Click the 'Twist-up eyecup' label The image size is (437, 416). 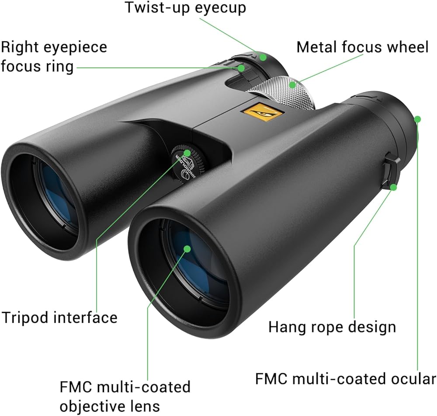point(185,7)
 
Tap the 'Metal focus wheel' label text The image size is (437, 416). point(362,47)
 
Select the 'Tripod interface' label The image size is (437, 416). point(60,317)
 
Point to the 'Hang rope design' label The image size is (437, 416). point(332,327)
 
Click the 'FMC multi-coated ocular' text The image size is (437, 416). point(345,379)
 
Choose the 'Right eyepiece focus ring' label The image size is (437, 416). point(54,57)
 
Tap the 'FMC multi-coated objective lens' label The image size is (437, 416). point(125,396)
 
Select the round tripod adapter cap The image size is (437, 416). point(187,161)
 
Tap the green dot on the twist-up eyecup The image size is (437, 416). point(263,56)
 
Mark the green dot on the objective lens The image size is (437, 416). point(187,248)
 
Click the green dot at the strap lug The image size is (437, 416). point(394,187)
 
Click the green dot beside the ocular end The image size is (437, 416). point(417,119)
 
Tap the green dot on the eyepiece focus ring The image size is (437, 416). point(241,68)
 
